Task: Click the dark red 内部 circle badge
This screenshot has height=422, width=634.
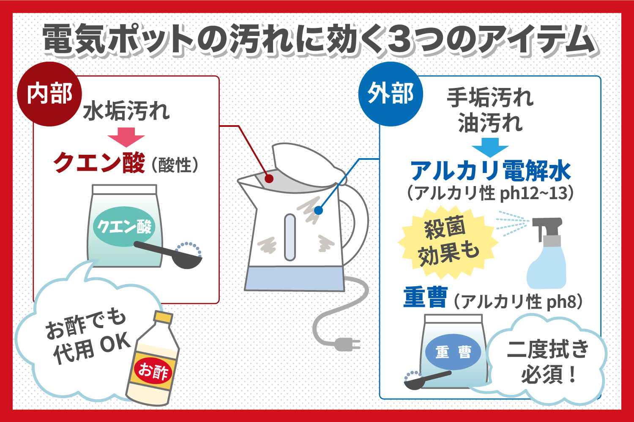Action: pyautogui.click(x=49, y=94)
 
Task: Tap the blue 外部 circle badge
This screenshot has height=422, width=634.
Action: pyautogui.click(x=391, y=94)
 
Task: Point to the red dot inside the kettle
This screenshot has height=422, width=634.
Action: pyautogui.click(x=269, y=179)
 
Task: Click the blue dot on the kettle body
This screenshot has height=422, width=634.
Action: pyautogui.click(x=318, y=211)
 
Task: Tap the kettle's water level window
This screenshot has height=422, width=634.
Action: pyautogui.click(x=290, y=237)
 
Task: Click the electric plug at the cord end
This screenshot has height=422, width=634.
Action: pyautogui.click(x=347, y=344)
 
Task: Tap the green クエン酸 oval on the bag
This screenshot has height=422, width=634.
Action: pyautogui.click(x=124, y=227)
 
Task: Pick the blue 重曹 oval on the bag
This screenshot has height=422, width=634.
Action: pyautogui.click(x=453, y=352)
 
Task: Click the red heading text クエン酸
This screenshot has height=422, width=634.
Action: pyautogui.click(x=99, y=162)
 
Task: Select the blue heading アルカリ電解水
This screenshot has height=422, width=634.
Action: pyautogui.click(x=490, y=171)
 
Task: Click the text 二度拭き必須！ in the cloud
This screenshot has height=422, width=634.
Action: pyautogui.click(x=548, y=362)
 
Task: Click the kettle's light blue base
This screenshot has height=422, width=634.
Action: pyautogui.click(x=294, y=279)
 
